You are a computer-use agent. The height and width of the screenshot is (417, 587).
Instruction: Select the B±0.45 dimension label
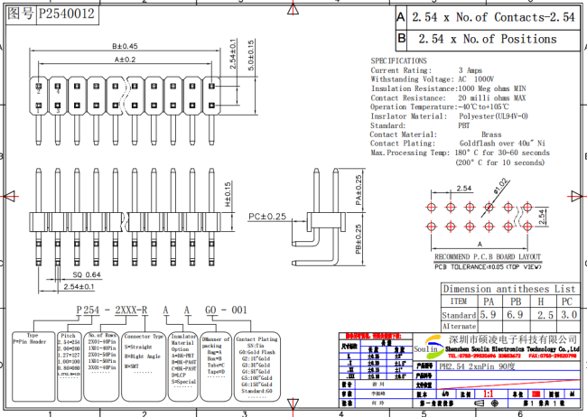[124, 45]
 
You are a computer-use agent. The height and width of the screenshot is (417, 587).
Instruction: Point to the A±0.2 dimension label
[124, 60]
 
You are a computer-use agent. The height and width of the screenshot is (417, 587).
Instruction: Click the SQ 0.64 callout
[87, 273]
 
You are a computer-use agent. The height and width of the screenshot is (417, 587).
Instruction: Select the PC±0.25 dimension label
[267, 217]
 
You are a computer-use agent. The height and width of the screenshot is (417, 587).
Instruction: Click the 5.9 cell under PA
[488, 316]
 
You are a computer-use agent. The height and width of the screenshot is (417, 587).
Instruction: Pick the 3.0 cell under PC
[566, 316]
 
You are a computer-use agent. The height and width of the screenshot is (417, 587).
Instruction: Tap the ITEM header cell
[459, 301]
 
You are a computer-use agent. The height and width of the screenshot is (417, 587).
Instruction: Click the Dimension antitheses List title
[508, 289]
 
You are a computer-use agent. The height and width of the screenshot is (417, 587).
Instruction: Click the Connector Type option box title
[143, 336]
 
